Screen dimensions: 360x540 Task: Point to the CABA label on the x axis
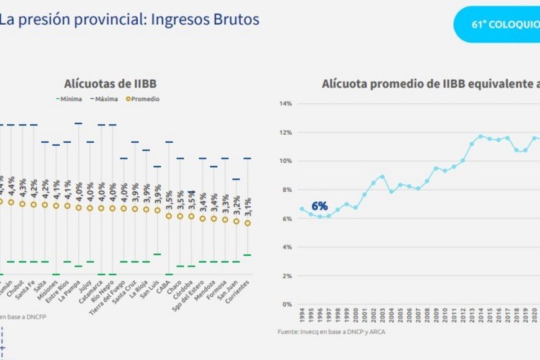166,286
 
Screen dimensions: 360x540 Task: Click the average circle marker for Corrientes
248,223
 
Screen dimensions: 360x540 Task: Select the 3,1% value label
248,205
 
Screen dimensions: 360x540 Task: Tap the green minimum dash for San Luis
157,254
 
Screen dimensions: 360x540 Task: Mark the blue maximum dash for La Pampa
78,124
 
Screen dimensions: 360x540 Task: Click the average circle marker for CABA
168,216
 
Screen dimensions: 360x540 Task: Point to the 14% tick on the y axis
286,104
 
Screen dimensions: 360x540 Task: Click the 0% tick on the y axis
287,304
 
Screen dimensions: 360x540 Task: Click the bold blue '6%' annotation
319,206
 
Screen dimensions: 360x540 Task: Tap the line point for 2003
382,176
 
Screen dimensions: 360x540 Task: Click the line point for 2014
480,136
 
